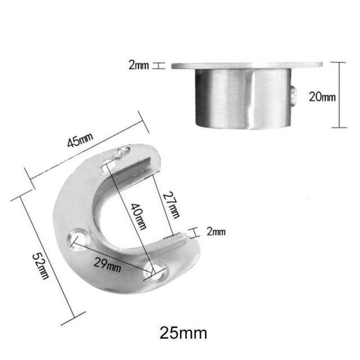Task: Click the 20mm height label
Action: tap(322, 97)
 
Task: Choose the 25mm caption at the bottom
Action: tap(183, 332)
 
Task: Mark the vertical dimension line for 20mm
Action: tap(339, 96)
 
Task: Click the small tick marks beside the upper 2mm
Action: tap(159, 66)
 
